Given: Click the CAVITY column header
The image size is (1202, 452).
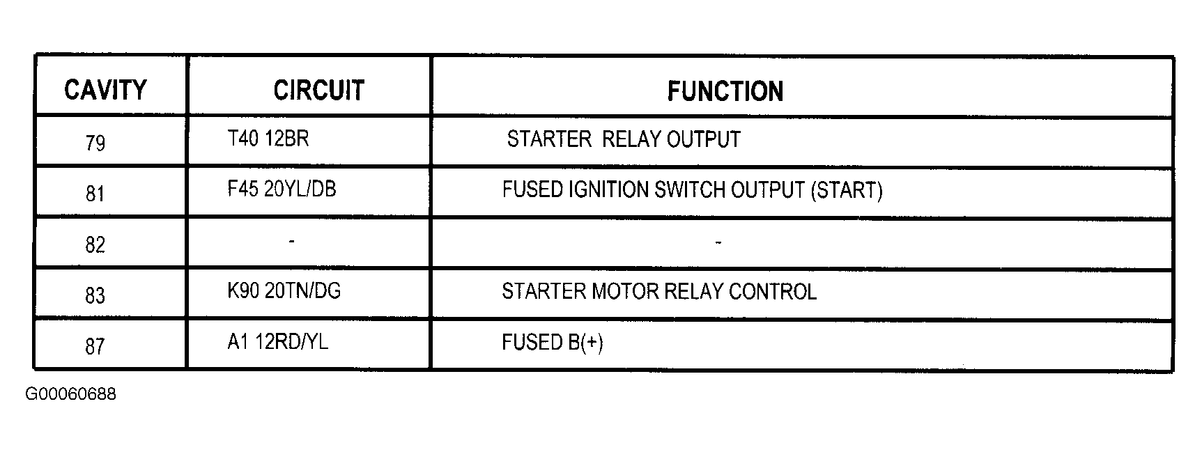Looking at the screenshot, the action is click(105, 90).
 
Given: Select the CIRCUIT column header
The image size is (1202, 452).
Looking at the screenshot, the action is click(318, 90).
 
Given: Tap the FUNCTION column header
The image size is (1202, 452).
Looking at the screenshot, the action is click(725, 91).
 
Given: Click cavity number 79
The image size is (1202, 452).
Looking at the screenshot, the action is click(95, 143).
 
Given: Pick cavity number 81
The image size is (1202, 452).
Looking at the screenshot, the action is click(95, 194).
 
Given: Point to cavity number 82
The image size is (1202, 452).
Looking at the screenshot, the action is click(95, 244).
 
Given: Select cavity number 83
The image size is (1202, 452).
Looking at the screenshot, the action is click(95, 295).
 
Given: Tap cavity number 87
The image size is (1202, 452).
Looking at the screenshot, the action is click(95, 346).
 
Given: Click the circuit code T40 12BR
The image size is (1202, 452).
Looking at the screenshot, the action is click(268, 139).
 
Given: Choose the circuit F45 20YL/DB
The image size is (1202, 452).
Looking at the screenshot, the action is click(282, 189).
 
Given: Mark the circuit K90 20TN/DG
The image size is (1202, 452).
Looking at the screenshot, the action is click(284, 290).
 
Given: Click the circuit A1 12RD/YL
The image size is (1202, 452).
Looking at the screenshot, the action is click(277, 342).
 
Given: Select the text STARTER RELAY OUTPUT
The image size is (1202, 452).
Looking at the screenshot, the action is click(624, 139).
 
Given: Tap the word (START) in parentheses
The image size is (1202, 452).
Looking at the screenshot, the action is click(847, 190).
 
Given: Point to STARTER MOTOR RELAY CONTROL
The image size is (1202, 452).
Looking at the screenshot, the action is click(659, 291).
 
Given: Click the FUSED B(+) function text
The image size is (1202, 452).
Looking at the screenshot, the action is click(553, 343).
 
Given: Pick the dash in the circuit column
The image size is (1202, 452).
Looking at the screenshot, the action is click(291, 241).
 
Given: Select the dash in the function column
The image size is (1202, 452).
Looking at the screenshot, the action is click(718, 242).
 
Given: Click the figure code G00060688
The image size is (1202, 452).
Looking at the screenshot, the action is click(70, 394).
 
